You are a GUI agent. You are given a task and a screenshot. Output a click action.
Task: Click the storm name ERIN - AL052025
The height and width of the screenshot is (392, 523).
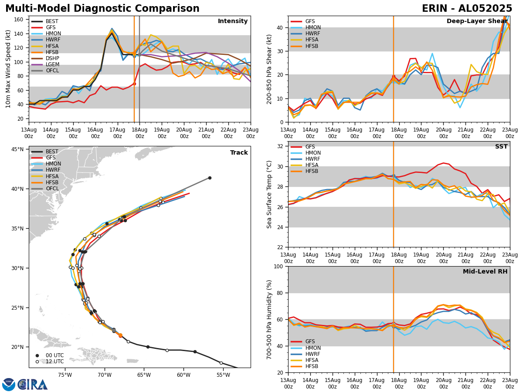(467, 9)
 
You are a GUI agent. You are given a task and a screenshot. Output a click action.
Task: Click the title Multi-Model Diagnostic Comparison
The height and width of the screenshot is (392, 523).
(102, 9)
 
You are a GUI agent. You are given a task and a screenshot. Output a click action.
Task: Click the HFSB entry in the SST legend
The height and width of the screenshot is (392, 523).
(312, 171)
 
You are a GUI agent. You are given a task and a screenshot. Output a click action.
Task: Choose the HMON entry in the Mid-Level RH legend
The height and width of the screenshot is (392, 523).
(313, 348)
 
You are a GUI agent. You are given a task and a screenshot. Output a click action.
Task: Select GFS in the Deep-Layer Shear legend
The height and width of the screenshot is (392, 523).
(310, 21)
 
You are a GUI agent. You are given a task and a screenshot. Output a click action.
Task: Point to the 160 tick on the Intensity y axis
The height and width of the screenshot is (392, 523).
(20, 20)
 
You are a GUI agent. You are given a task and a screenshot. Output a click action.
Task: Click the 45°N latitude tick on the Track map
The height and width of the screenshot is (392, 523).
(17, 149)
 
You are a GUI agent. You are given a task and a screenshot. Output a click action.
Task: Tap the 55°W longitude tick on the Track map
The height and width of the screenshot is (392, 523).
(223, 374)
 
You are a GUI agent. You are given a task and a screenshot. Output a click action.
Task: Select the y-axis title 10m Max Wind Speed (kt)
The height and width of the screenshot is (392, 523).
(8, 69)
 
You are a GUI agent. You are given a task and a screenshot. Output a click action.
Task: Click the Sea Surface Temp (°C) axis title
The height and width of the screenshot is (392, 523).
(269, 194)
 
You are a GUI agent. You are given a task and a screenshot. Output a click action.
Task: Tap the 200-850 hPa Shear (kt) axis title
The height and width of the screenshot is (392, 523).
(269, 69)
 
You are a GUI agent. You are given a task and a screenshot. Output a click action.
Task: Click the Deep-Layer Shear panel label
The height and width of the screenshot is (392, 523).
(477, 21)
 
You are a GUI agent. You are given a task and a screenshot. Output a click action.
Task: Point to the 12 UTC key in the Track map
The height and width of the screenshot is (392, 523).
(54, 362)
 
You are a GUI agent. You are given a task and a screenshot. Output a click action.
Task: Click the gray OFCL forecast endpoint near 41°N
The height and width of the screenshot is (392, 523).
(210, 178)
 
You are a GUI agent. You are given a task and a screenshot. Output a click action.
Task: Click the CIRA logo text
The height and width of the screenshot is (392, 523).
(33, 385)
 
